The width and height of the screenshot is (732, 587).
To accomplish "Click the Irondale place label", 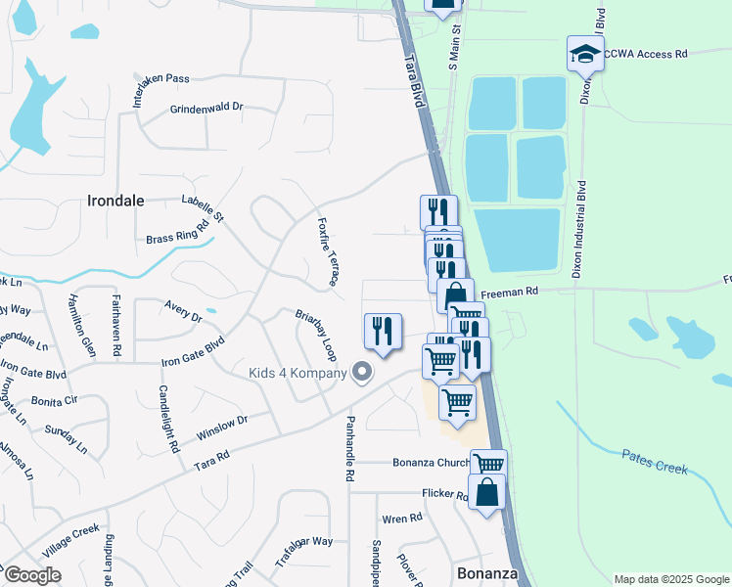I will [115, 201].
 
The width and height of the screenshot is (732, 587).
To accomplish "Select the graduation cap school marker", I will [584, 53].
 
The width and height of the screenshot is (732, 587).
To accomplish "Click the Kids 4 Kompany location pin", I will [362, 372].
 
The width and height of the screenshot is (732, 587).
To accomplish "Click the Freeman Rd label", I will [516, 291].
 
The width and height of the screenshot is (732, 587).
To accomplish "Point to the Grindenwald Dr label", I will [206, 110].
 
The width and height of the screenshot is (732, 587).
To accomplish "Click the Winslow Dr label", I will [222, 427].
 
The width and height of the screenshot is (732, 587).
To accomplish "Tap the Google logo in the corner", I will [31, 575].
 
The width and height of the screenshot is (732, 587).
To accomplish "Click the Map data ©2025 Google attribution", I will [670, 579].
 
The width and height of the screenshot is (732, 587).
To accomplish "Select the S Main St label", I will [454, 49].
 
